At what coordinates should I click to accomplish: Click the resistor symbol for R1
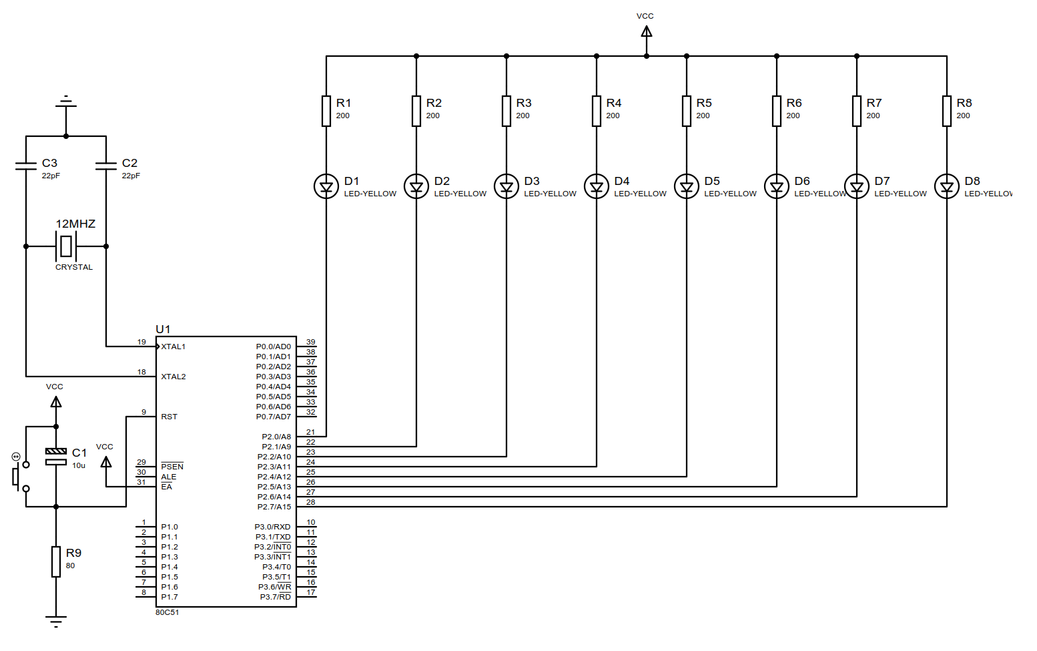(x=326, y=111)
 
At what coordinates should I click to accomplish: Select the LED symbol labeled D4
(x=597, y=186)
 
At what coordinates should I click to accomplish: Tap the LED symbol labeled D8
(x=946, y=186)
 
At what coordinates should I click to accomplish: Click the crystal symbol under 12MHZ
(x=65, y=246)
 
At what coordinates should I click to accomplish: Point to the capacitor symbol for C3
(x=26, y=165)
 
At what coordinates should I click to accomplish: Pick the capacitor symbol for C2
(x=106, y=165)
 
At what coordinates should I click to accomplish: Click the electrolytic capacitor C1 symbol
(x=56, y=457)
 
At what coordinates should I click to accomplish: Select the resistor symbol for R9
(x=56, y=562)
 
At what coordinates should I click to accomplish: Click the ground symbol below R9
(x=56, y=621)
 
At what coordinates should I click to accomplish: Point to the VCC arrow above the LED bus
(x=646, y=31)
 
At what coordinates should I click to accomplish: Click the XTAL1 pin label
(x=173, y=347)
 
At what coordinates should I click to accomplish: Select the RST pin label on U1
(x=169, y=417)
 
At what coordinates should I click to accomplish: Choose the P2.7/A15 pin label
(x=274, y=507)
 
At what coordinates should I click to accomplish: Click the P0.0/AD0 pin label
(x=274, y=347)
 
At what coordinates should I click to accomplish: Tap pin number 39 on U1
(x=310, y=342)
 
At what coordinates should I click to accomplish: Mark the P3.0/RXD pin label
(x=272, y=527)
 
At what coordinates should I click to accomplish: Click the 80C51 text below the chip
(x=167, y=612)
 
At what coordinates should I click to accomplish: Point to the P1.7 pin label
(x=169, y=597)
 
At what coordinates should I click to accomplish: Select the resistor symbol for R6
(x=777, y=111)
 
